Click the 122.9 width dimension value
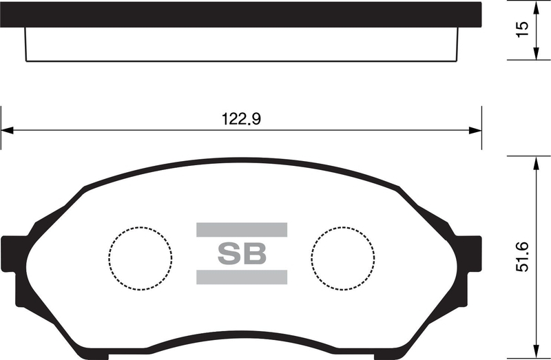pos(241,118)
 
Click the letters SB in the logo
pos(242,254)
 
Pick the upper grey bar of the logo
pos(242,230)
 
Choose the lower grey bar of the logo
pos(242,277)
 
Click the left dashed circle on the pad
pos(140,257)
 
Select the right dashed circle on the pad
pos(343,257)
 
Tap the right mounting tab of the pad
pos(470,252)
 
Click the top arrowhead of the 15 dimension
pos(535,6)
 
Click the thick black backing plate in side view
pos(240,14)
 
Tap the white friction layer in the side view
pos(240,44)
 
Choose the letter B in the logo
pos(254,254)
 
